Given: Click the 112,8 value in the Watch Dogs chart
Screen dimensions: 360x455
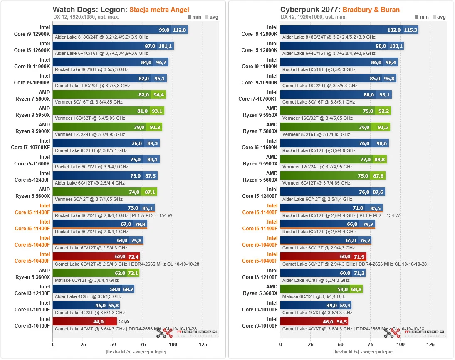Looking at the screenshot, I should coord(179,30).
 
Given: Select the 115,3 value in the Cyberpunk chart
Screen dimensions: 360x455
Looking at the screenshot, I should coord(410,30).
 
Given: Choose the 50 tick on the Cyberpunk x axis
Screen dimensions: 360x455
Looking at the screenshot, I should coord(340,345).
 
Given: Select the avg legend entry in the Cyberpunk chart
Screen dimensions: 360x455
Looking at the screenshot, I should coord(439,17).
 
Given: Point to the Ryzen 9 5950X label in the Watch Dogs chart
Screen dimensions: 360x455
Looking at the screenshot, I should coord(32,111).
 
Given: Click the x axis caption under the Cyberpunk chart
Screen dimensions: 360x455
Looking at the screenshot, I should coord(364,352).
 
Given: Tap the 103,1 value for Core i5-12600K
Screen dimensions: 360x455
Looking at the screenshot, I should coord(396,46).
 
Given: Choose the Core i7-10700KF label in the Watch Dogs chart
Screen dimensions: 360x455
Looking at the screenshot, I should coord(31,144).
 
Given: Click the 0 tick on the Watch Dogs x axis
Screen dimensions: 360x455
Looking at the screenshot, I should coord(53,345).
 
